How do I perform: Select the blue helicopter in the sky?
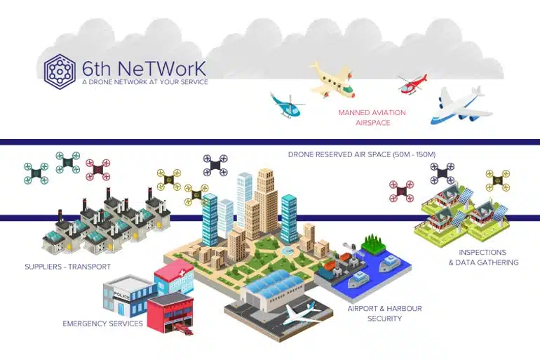[287, 105]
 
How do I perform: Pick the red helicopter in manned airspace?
[412, 84]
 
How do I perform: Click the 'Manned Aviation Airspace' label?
[372, 117]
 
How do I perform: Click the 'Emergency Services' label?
[102, 324]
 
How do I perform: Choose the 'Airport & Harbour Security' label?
[384, 313]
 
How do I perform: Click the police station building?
[129, 294]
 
